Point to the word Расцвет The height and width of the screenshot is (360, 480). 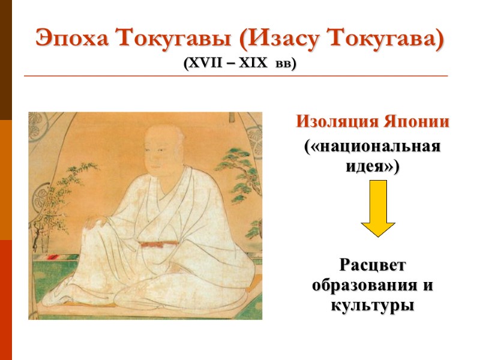point(373,264)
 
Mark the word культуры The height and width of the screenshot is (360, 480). point(373,304)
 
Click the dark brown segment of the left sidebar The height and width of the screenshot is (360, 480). point(6,60)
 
